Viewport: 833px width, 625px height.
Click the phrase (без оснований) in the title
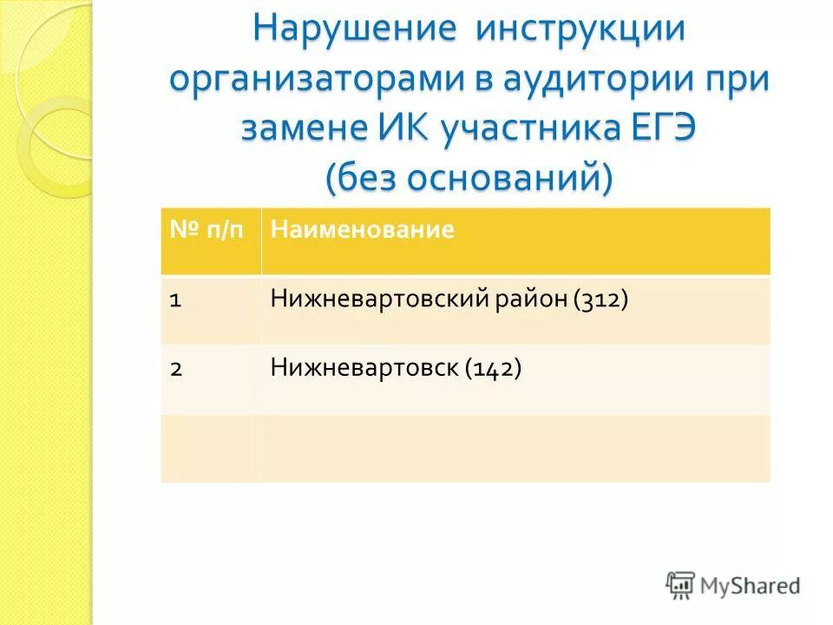(469, 178)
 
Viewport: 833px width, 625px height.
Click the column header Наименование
(363, 230)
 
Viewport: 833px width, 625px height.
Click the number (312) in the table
(600, 299)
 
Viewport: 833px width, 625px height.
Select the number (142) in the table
(493, 369)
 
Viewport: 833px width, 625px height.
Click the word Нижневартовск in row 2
(364, 369)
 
